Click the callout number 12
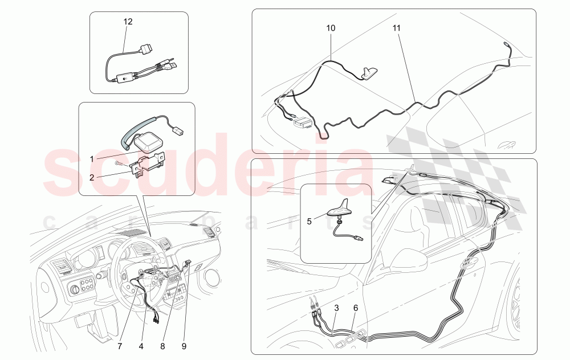pyautogui.click(x=128, y=22)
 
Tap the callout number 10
pyautogui.click(x=331, y=28)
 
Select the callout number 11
pyautogui.click(x=397, y=28)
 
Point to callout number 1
pyautogui.click(x=92, y=159)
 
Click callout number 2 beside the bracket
pyautogui.click(x=92, y=177)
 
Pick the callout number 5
pyautogui.click(x=310, y=221)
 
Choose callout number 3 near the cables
pyautogui.click(x=337, y=308)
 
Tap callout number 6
pyautogui.click(x=356, y=308)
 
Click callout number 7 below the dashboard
pyautogui.click(x=120, y=346)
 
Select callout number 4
pyautogui.click(x=141, y=346)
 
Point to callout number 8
pyautogui.click(x=163, y=346)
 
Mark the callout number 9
pyautogui.click(x=184, y=346)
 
